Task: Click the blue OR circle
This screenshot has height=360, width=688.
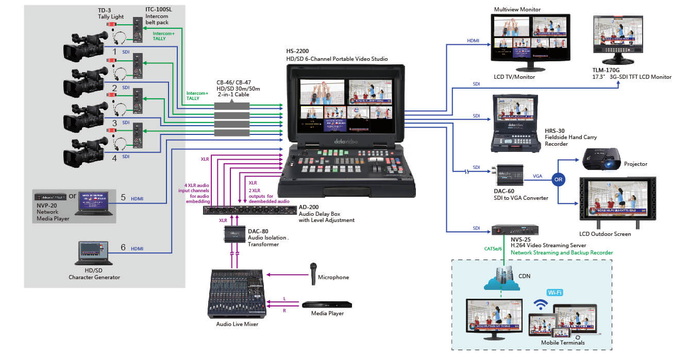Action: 558,180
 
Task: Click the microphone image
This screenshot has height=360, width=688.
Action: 312,273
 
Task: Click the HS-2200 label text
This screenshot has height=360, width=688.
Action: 297,52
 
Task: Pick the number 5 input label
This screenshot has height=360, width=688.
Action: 123,197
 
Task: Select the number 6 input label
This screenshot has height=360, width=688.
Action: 123,248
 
